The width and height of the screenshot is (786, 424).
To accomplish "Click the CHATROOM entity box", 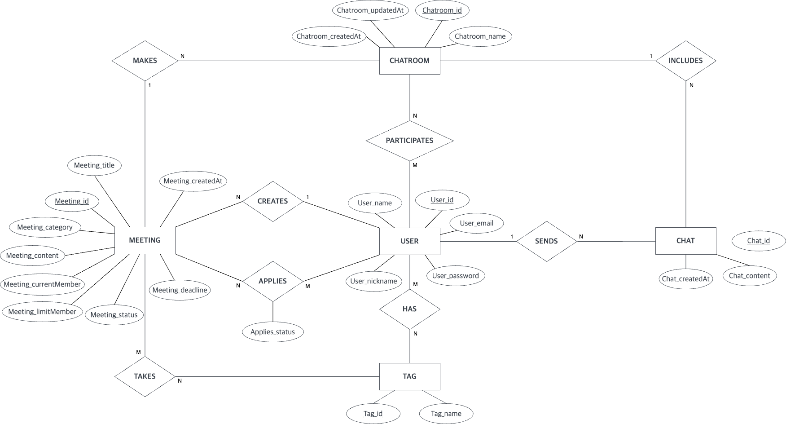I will click(x=409, y=61).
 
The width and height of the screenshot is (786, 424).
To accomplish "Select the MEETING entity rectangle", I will click(x=145, y=240).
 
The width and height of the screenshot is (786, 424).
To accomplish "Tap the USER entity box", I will click(x=409, y=241).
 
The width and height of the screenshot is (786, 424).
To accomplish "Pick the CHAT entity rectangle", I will click(x=685, y=241).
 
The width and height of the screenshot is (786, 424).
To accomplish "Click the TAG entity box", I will click(x=409, y=376).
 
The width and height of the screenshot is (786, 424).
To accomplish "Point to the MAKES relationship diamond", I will click(x=145, y=61).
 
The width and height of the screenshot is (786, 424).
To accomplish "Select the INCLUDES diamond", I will click(x=685, y=61).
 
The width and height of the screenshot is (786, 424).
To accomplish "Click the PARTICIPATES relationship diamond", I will click(x=409, y=141).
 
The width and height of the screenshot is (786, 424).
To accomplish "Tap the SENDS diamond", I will click(x=546, y=241).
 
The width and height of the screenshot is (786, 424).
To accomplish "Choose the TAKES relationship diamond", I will click(x=145, y=376).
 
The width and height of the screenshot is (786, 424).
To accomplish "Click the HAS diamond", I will click(x=409, y=309).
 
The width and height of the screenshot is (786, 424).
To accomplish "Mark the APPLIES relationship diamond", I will click(x=272, y=281).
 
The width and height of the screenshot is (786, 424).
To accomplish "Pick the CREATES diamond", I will click(x=272, y=201).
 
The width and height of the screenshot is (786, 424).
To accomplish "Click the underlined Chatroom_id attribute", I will click(x=442, y=10).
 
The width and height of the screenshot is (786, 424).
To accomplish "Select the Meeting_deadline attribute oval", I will click(x=180, y=290).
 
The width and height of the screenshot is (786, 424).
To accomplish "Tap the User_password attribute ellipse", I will click(x=455, y=276).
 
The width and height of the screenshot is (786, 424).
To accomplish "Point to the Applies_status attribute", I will click(x=272, y=332).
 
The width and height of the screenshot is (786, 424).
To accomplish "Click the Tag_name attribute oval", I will click(x=446, y=414).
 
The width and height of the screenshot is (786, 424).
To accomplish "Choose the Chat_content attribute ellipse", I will click(x=749, y=276).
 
